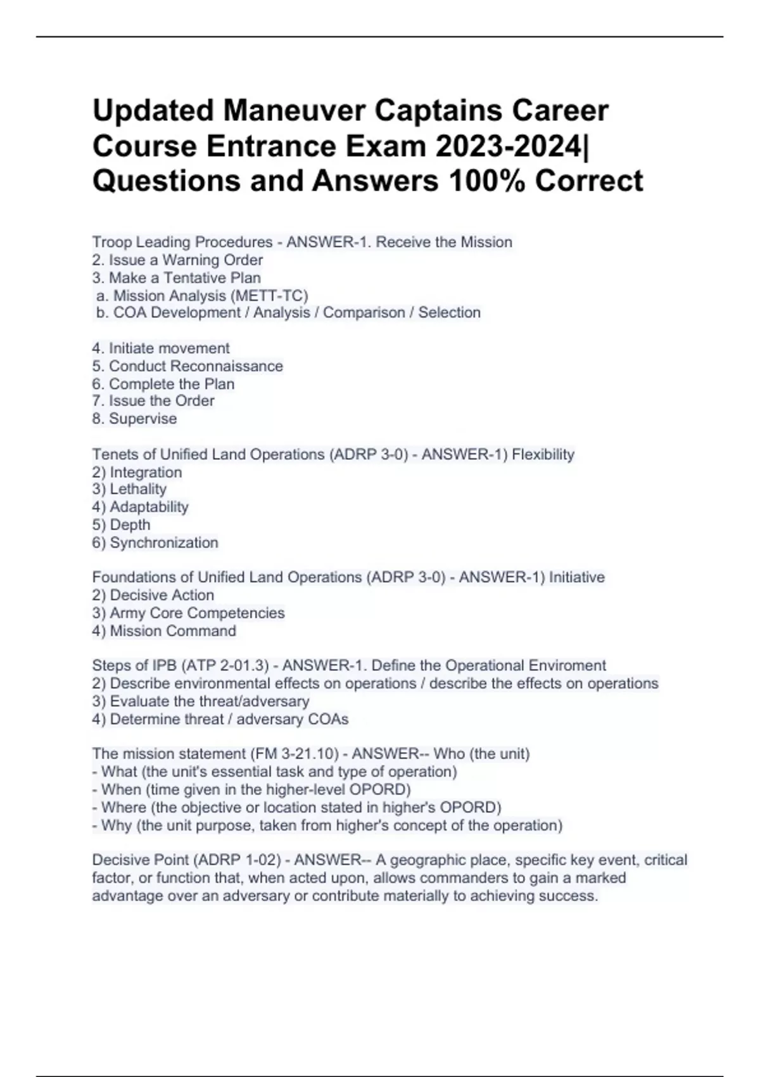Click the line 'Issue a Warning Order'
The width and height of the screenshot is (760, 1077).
[x=185, y=260]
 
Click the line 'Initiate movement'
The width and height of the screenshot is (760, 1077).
[x=168, y=348]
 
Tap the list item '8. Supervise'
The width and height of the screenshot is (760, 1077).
[x=134, y=418]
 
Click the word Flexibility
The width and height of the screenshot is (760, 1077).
[x=543, y=454]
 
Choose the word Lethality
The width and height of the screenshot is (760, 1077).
[x=138, y=489]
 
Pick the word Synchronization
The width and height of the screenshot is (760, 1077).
[x=164, y=542]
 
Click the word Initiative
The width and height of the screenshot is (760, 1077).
[x=576, y=577]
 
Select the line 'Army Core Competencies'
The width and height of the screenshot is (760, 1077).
[x=196, y=613]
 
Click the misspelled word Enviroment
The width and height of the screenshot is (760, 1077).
[x=567, y=665]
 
